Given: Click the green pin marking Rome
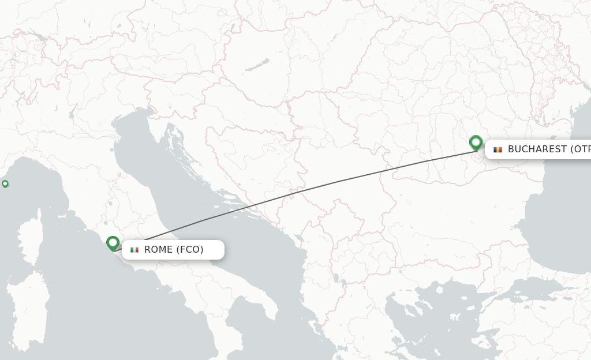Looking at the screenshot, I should point(113,243).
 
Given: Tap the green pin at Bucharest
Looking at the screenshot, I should point(476,142).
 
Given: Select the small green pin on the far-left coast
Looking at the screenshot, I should point(5,183).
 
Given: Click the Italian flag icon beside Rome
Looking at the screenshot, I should point(134,250).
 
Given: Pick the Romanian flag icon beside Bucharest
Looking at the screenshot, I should point(498,149).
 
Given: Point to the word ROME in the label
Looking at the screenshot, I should point(158,250).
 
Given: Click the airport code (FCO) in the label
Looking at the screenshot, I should point(190,250).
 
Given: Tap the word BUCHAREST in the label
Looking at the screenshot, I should point(537,149).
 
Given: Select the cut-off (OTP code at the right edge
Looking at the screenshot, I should point(581,149).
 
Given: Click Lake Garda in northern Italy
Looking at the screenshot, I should point(73,110).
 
